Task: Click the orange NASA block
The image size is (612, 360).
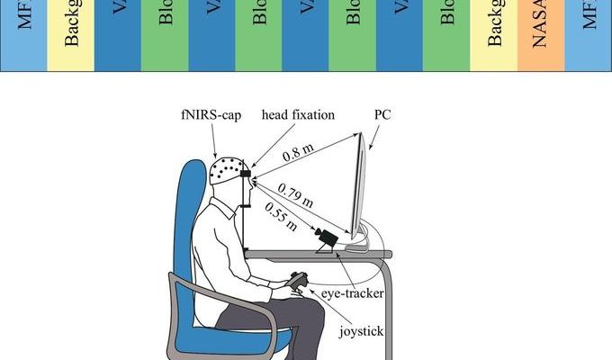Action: [x=541, y=34]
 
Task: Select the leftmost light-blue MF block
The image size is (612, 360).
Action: [x=22, y=34]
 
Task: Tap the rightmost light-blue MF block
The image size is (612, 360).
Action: [x=589, y=34]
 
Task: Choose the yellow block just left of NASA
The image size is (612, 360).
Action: [x=493, y=34]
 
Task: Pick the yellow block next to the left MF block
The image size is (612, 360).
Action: [x=70, y=34]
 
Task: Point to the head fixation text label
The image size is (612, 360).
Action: [x=297, y=115]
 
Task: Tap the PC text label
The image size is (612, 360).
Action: [x=382, y=115]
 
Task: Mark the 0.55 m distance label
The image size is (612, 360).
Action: [x=280, y=216]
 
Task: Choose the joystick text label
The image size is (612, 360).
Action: [x=362, y=331]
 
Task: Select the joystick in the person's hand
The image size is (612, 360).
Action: [x=296, y=284]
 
